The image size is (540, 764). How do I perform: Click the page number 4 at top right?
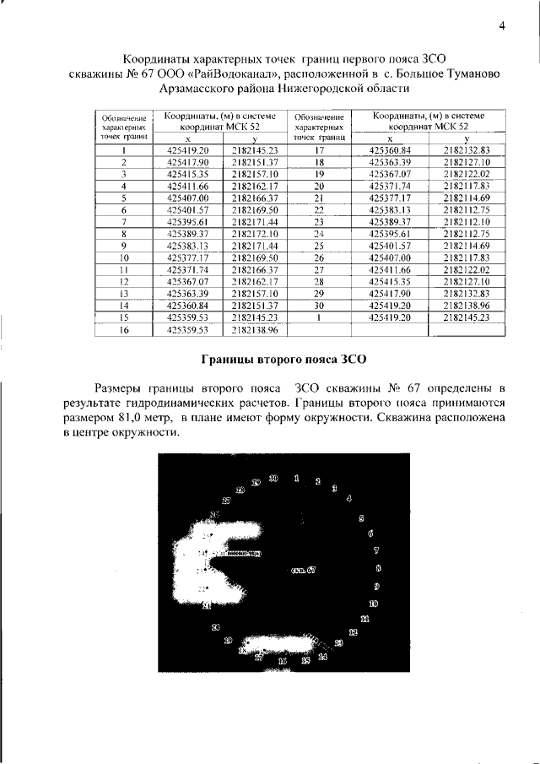[x=501, y=25]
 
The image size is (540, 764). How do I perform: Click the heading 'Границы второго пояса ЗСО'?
[x=282, y=358]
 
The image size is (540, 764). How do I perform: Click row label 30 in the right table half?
[x=319, y=305]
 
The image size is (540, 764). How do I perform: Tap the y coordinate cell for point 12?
[x=256, y=281]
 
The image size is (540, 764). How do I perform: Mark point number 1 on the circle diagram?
[x=296, y=478]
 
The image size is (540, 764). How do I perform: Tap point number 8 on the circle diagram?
[x=377, y=568]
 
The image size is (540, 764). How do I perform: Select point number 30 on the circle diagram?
[x=273, y=479]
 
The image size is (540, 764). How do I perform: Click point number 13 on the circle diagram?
[x=339, y=643]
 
